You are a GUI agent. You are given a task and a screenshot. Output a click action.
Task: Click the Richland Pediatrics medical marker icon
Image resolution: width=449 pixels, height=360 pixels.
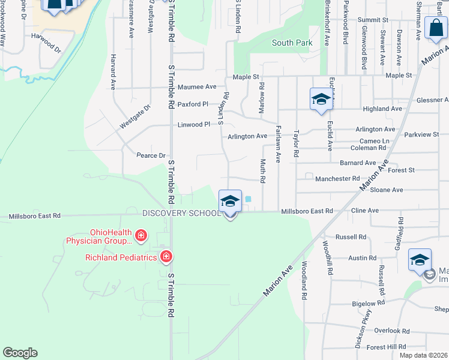pos(166,257)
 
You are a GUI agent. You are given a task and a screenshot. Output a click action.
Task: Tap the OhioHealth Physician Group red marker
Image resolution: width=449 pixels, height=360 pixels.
pos(140,235)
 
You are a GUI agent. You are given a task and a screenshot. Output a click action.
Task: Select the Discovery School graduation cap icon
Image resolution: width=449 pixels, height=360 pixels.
pos(231,202)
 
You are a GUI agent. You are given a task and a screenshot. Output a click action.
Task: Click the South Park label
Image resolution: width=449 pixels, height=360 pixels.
pos(292,43)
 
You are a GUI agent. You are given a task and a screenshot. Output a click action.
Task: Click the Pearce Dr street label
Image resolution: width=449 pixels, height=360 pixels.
pos(151,155)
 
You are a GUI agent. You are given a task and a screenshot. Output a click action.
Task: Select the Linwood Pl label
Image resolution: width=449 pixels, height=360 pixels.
pos(194,125)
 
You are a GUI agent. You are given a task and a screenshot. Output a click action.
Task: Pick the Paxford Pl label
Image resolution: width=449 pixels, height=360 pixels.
pos(193,104)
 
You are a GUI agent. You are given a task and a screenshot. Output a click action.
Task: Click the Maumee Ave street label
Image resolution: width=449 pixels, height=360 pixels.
pos(196,87)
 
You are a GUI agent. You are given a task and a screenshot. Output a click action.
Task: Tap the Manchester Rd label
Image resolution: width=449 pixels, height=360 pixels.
pos(337,179)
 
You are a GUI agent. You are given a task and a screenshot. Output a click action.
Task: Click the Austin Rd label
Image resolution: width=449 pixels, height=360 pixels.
pos(362,257)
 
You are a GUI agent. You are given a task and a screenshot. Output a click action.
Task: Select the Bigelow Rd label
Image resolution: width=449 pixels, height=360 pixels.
pos(367,304)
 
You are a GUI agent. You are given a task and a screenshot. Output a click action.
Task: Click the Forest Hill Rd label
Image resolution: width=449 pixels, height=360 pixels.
pos(386,347)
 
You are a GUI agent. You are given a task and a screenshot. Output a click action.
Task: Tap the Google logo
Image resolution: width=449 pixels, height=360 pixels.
pos(20,353)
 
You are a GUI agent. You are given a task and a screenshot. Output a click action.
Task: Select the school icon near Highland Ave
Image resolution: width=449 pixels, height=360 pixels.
pos(321,99)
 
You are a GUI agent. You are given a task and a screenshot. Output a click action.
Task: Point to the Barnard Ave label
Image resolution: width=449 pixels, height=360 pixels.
pos(357,163)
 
